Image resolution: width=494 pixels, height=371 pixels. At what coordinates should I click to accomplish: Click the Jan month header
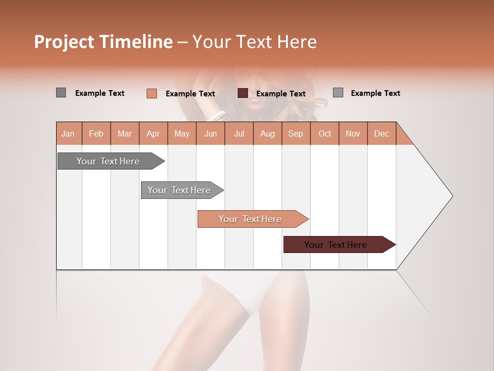tap(68, 133)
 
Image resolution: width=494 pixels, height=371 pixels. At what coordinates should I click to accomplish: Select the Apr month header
tap(153, 133)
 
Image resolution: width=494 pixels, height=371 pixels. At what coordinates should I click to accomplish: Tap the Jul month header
tap(239, 133)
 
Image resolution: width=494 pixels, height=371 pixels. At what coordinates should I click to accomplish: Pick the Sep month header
tap(295, 133)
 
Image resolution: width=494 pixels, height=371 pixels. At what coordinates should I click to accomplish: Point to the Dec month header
tap(381, 133)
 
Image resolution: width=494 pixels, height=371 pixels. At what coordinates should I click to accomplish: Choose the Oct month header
tap(325, 133)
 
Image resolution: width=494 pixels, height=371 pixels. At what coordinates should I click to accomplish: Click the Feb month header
tap(96, 133)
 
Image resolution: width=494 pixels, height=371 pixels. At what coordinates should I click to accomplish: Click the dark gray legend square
tap(61, 93)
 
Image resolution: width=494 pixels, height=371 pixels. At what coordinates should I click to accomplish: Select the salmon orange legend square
tap(151, 93)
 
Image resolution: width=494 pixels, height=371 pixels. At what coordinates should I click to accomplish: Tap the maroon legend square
tap(243, 93)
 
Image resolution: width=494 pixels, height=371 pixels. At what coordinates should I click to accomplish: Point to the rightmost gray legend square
tap(338, 93)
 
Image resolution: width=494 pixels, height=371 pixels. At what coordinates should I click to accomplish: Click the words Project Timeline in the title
tap(103, 42)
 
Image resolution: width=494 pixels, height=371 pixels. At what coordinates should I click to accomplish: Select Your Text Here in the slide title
tap(254, 42)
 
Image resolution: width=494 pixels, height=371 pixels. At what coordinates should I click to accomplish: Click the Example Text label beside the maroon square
tap(280, 94)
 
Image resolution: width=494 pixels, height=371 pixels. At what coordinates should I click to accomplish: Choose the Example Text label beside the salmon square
tap(190, 94)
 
